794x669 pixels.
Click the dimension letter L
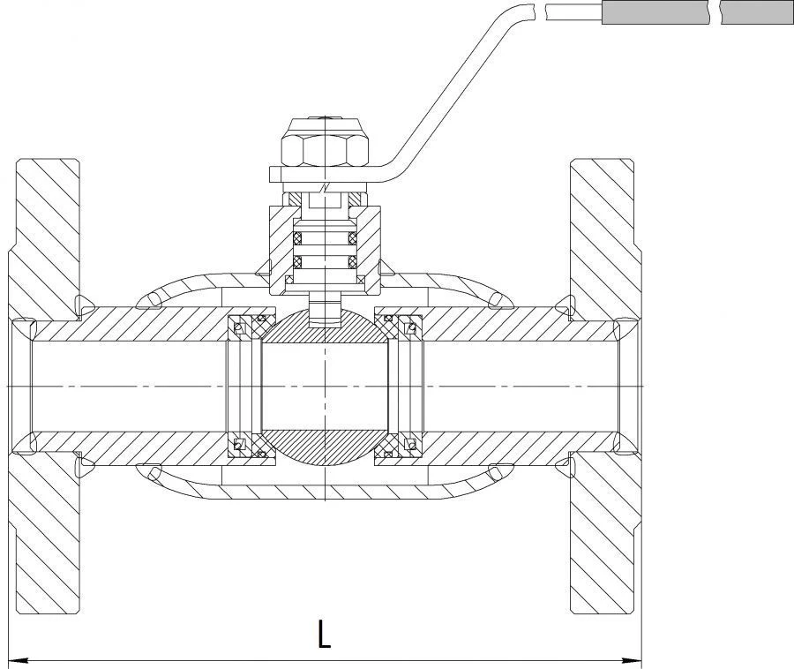click(x=324, y=633)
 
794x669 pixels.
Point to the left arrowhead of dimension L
click(x=19, y=660)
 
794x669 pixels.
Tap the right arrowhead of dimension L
click(x=633, y=660)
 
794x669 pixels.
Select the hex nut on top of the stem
click(x=325, y=150)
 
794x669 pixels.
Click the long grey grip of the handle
click(x=655, y=12)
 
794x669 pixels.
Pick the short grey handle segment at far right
click(x=757, y=12)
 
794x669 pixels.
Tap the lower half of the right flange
click(x=605, y=531)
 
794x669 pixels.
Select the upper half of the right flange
click(x=605, y=238)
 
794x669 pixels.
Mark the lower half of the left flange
click(x=46, y=531)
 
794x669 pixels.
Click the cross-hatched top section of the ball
click(x=325, y=327)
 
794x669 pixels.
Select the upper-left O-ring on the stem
click(x=297, y=237)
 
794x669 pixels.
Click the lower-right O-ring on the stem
click(x=353, y=262)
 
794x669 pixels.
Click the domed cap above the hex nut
click(x=325, y=125)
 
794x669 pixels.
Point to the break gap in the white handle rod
click(x=540, y=12)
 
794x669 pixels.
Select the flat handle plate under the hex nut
click(x=324, y=174)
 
